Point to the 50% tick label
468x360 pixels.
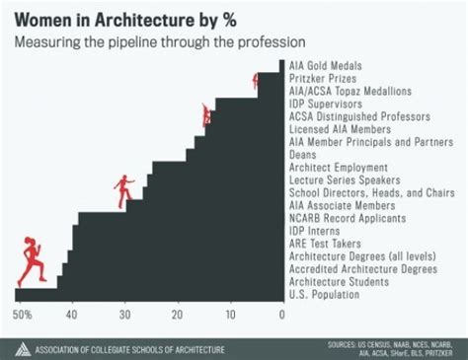tap(23, 316)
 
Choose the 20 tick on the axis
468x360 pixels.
tap(177, 316)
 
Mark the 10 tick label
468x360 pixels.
tap(229, 316)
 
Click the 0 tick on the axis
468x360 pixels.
tap(281, 316)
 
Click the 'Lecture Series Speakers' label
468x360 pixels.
tap(343, 180)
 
